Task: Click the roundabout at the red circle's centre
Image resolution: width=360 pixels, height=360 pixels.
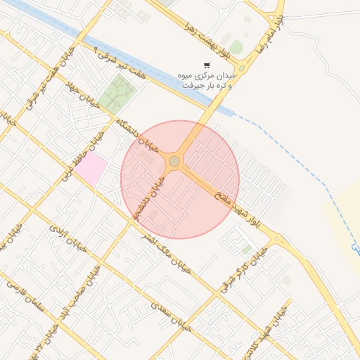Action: coord(174,162)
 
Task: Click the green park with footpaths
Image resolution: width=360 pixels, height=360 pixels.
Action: coord(117,94)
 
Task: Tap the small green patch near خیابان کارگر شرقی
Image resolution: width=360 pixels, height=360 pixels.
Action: coord(246,249)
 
